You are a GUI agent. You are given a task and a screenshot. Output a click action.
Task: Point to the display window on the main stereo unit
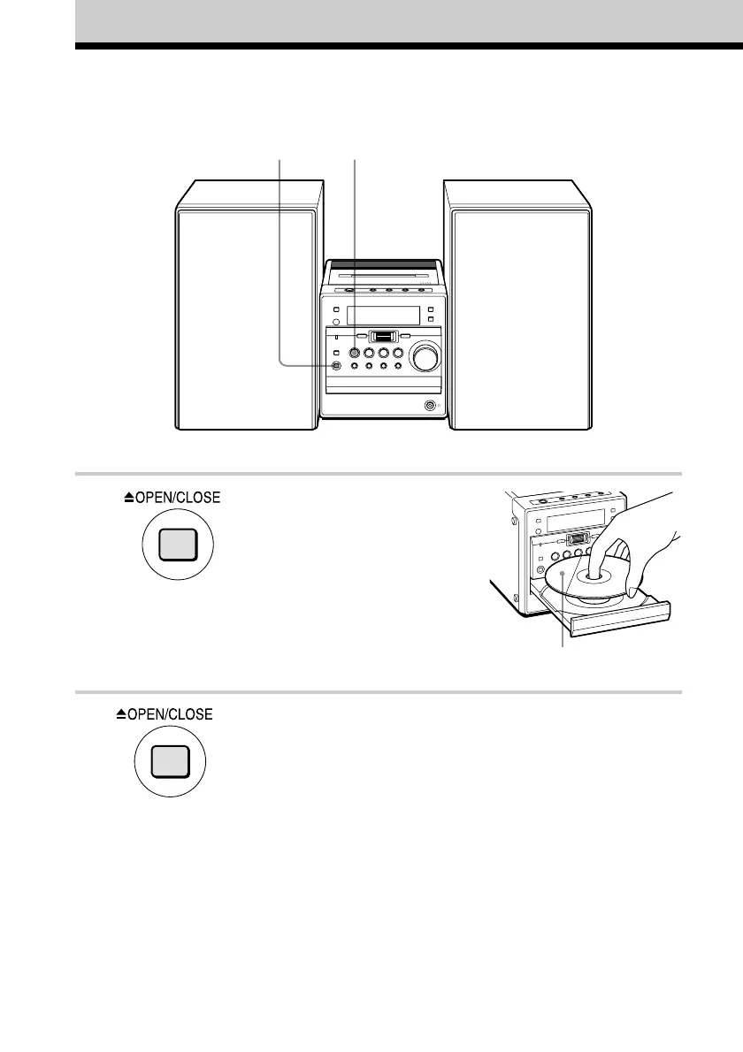(x=382, y=316)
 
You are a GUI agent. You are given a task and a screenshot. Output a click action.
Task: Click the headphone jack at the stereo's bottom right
(x=429, y=406)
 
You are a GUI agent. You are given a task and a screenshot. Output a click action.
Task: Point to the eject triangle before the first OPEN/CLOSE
(x=129, y=499)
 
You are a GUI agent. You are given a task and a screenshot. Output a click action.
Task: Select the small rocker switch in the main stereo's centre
(x=382, y=336)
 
